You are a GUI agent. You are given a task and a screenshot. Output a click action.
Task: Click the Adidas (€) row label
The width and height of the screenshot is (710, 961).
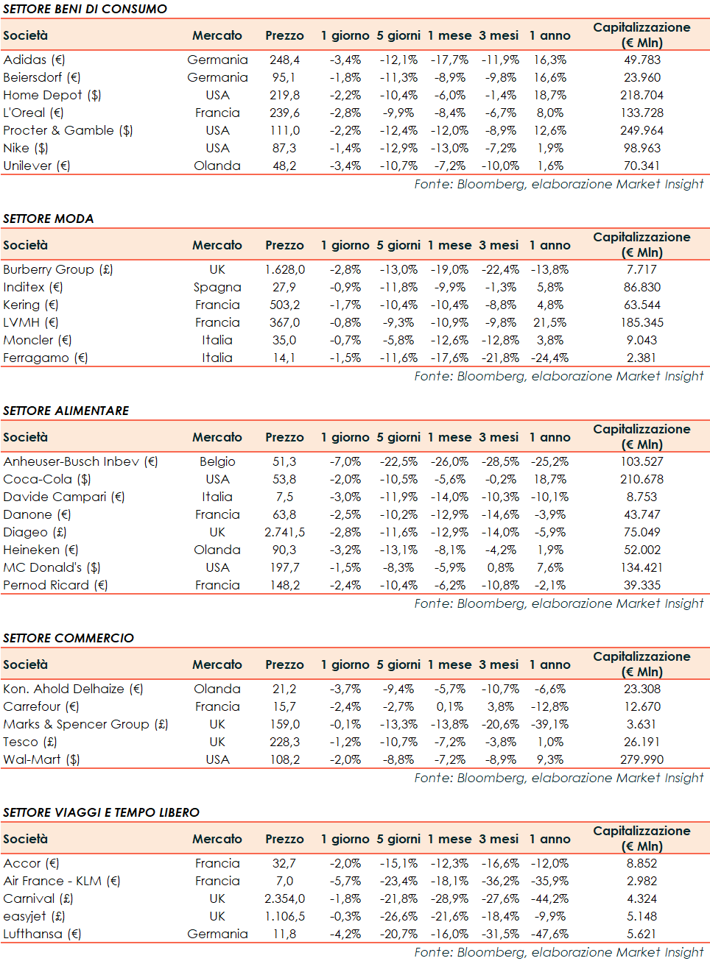34,60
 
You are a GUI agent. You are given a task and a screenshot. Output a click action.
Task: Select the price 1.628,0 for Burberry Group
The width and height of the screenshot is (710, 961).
284,269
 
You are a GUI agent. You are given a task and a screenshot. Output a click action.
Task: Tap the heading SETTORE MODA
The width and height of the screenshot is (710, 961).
49,219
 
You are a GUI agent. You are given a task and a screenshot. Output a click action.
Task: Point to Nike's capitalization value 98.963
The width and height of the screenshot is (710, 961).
642,148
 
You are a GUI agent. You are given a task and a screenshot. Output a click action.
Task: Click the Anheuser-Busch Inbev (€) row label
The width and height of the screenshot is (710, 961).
80,461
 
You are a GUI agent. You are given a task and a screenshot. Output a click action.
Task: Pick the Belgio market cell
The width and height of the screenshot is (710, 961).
217,461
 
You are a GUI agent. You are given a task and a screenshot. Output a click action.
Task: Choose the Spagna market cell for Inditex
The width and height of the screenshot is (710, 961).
217,287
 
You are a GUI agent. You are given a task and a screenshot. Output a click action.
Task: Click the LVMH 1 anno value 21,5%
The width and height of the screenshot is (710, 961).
549,322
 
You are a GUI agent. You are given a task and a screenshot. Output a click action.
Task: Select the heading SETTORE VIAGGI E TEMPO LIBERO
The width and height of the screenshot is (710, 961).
101,812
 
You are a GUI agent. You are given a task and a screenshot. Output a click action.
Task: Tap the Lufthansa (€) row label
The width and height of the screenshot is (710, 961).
42,934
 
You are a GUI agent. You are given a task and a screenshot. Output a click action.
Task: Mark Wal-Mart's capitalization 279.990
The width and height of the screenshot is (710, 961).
642,759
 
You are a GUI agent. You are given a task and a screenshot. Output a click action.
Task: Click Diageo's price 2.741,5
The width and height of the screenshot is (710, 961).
284,532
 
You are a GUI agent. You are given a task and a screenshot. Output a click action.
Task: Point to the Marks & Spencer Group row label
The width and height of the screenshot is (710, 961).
85,724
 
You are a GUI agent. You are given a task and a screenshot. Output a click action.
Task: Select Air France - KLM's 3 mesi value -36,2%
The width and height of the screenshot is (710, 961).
499,881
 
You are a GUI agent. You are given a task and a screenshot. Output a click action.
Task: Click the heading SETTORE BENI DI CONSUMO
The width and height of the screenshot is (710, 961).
85,9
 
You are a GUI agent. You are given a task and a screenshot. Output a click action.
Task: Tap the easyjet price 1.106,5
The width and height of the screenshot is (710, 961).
284,916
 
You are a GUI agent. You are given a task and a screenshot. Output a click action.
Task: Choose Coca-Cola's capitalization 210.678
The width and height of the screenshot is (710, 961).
642,479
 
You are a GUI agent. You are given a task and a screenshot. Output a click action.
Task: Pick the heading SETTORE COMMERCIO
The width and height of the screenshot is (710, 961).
68,638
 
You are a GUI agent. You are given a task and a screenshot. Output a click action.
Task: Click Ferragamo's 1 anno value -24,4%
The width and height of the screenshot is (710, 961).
549,358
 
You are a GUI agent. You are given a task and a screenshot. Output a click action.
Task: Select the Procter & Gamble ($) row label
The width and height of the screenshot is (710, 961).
68,130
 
